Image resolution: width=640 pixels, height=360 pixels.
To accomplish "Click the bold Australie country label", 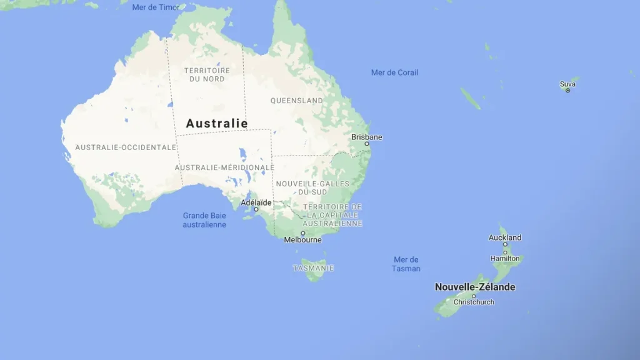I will pyautogui.click(x=217, y=124).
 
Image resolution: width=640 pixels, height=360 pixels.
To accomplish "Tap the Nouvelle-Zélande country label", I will pyautogui.click(x=475, y=287).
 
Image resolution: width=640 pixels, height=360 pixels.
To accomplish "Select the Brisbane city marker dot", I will pyautogui.click(x=367, y=144).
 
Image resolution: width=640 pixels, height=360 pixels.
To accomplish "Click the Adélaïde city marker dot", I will pyautogui.click(x=256, y=209).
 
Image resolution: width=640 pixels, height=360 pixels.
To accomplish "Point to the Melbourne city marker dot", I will pyautogui.click(x=303, y=233).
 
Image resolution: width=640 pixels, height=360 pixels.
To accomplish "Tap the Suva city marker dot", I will pyautogui.click(x=567, y=91).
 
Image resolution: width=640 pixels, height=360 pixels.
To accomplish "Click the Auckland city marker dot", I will pyautogui.click(x=505, y=244).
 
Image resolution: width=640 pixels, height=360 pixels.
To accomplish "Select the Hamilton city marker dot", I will pyautogui.click(x=505, y=252).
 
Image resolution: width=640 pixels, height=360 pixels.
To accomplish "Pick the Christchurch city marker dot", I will pyautogui.click(x=473, y=296).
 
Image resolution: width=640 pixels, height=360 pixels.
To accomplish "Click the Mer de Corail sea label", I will pyautogui.click(x=394, y=72).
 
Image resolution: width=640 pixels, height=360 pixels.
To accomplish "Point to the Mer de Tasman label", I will pyautogui.click(x=406, y=264).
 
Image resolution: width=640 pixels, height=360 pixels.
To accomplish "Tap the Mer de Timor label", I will pyautogui.click(x=156, y=7).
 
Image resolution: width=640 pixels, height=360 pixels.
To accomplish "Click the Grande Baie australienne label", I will pyautogui.click(x=204, y=220).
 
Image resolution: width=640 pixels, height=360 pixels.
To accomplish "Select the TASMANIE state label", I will pyautogui.click(x=313, y=268).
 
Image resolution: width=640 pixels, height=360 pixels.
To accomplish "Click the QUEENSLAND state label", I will pyautogui.click(x=297, y=101).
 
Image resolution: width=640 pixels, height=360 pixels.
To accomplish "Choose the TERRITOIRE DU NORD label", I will pyautogui.click(x=207, y=74).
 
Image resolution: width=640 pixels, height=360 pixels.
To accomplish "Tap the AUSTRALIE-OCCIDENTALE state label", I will pyautogui.click(x=126, y=147).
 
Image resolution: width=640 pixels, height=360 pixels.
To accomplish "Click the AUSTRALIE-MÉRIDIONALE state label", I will pyautogui.click(x=224, y=167).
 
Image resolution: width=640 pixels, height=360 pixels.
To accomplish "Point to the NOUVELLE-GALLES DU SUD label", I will pyautogui.click(x=312, y=187).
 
